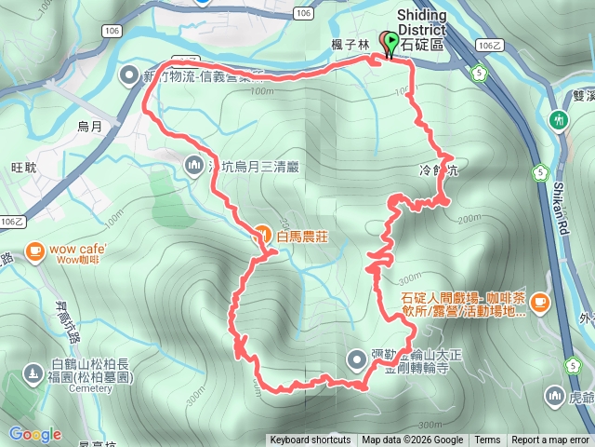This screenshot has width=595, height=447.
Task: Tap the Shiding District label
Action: coord(421,23)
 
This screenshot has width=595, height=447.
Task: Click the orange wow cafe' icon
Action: coord(35,250)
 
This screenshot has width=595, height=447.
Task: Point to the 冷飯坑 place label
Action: coord(440,171)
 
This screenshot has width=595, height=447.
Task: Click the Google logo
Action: coord(34,434)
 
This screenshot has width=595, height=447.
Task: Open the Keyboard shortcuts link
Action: coord(311,440)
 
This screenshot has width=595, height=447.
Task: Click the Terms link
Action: coord(487,440)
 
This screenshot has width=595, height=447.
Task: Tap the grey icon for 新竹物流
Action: coord(129,74)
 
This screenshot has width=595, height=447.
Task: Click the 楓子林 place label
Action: coord(358,43)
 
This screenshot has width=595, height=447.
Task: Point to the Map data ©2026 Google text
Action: coord(413,440)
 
